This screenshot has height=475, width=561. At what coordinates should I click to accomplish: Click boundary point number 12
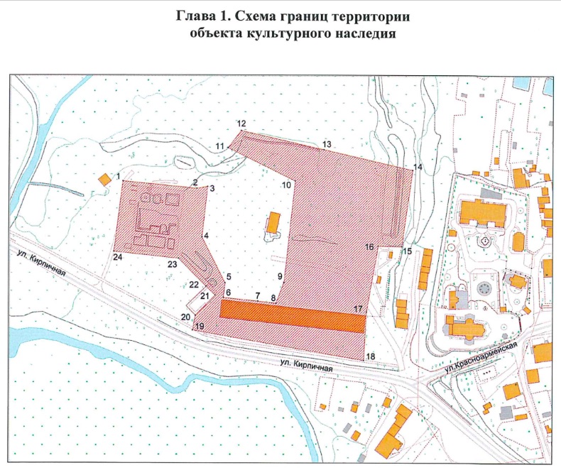[241, 124]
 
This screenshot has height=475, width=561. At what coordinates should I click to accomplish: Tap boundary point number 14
[418, 166]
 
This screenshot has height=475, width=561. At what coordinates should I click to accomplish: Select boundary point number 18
[370, 356]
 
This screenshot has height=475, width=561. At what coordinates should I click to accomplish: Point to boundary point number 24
[117, 256]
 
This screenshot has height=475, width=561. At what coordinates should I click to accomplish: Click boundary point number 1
[118, 173]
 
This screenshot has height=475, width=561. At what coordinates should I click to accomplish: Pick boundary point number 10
[286, 185]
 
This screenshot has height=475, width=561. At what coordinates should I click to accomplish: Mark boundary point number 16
[369, 246]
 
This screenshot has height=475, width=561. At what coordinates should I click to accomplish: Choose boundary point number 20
[185, 317]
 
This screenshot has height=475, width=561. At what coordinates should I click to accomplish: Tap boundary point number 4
[206, 235]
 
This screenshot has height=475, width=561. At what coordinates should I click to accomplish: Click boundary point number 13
[327, 144]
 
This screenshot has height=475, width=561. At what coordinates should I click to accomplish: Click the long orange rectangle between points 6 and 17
[293, 312]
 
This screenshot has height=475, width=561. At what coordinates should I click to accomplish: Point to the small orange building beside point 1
[104, 180]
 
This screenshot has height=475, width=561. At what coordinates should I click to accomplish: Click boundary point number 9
[280, 275]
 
